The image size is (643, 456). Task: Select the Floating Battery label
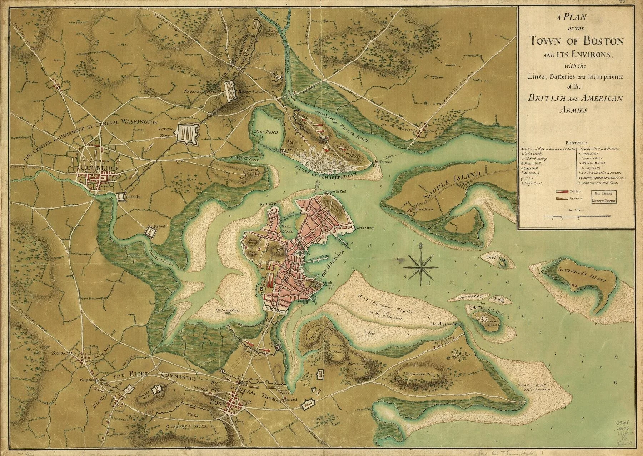pos(226,310)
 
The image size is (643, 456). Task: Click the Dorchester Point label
pos(447,324)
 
